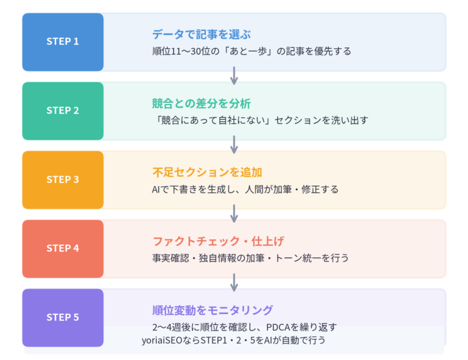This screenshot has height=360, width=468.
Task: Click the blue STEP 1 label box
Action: (x=63, y=42)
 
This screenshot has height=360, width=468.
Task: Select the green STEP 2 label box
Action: (x=63, y=111)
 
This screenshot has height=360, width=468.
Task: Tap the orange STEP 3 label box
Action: (x=63, y=180)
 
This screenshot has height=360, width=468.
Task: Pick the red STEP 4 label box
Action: (x=63, y=248)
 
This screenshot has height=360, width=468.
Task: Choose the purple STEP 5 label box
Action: (x=63, y=317)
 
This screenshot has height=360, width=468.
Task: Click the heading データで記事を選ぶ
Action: (x=202, y=35)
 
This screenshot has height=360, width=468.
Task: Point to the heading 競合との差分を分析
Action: (x=201, y=104)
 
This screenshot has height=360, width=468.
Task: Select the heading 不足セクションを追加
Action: (x=207, y=173)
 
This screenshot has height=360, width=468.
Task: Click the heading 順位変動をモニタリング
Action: (x=212, y=310)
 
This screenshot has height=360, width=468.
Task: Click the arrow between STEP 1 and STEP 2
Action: (x=234, y=76)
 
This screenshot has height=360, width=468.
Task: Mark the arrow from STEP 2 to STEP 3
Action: (x=234, y=145)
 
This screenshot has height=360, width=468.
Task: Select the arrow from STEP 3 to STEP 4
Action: (x=234, y=214)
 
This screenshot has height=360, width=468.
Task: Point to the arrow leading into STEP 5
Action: (x=234, y=282)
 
